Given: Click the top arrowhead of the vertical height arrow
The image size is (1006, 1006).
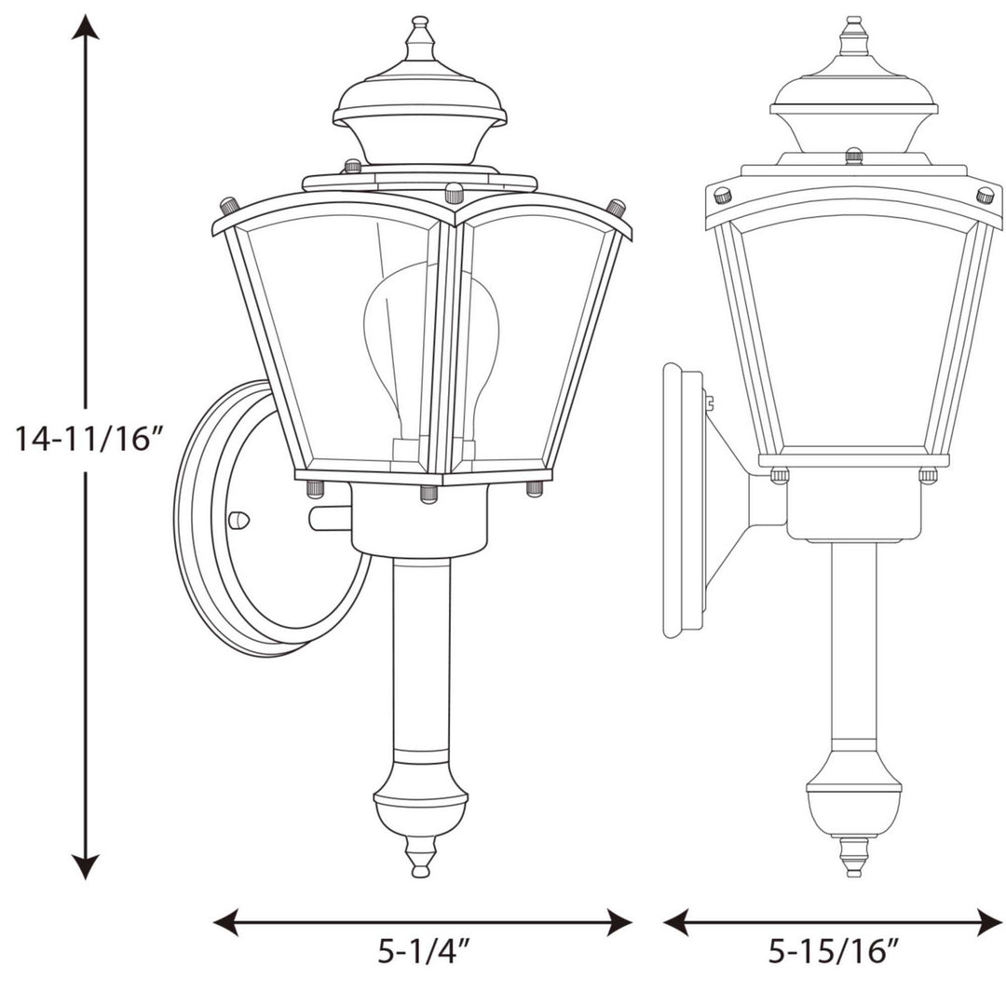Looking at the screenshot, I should coord(87,28).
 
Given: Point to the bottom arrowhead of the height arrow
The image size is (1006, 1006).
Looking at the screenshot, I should coord(87,868).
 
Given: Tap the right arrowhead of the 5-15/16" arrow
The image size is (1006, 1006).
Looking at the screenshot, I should coord(990,923).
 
